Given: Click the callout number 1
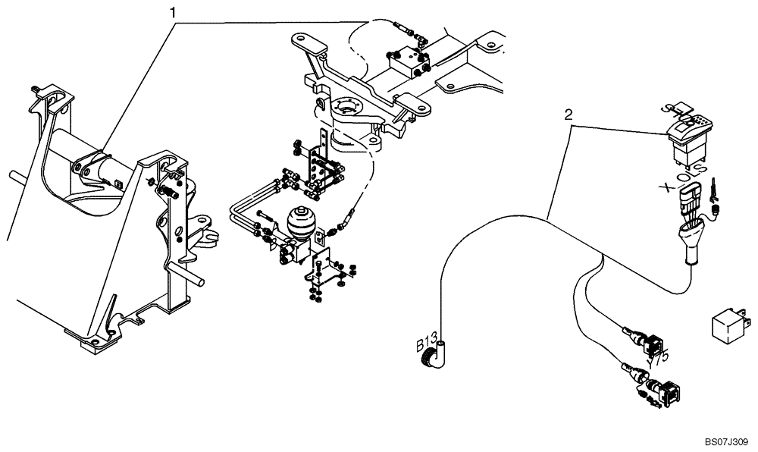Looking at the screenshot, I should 174,12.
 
